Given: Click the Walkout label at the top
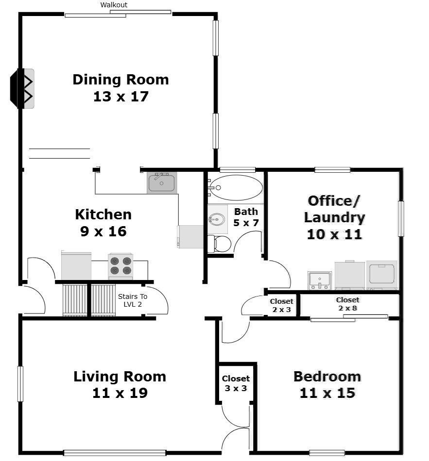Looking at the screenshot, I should pyautogui.click(x=114, y=5).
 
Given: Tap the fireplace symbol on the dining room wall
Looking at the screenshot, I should pyautogui.click(x=23, y=88).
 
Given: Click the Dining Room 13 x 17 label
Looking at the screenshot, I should pyautogui.click(x=120, y=88).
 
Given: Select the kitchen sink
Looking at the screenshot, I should pyautogui.click(x=162, y=183).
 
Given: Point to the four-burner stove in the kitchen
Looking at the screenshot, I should pyautogui.click(x=120, y=266).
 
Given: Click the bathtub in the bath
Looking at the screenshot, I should pyautogui.click(x=236, y=188).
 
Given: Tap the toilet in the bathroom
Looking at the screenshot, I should pyautogui.click(x=220, y=244).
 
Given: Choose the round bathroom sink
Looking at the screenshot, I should pyautogui.click(x=217, y=219).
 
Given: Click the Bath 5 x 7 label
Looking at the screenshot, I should pyautogui.click(x=246, y=217).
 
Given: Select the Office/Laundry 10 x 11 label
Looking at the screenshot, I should pyautogui.click(x=334, y=217).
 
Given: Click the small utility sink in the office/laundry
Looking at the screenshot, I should pyautogui.click(x=319, y=280).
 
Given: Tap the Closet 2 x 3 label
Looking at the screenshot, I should pyautogui.click(x=281, y=305).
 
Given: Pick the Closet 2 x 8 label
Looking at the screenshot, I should pyautogui.click(x=347, y=304).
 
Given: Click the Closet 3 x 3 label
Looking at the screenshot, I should pyautogui.click(x=236, y=383).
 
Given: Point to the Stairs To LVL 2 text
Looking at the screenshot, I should pyautogui.click(x=132, y=300).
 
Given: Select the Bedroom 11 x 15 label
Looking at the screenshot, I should pyautogui.click(x=327, y=384).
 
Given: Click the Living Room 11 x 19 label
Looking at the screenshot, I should pyautogui.click(x=120, y=384).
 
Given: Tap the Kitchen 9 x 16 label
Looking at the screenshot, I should pyautogui.click(x=103, y=222).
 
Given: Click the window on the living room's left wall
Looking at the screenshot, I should pyautogui.click(x=20, y=384).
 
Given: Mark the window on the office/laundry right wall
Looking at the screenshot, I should pyautogui.click(x=401, y=219).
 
